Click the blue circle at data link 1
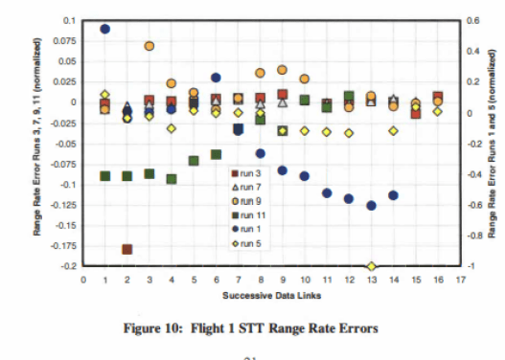[104, 29]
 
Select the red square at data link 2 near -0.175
[126, 249]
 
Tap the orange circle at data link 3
[149, 46]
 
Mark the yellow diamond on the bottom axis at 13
[371, 266]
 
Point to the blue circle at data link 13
[371, 205]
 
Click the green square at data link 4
[172, 179]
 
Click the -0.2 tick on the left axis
[68, 266]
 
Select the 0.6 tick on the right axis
[472, 20]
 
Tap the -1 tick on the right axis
[471, 266]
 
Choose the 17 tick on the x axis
[460, 281]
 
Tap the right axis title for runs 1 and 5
[491, 144]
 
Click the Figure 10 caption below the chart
[252, 328]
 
